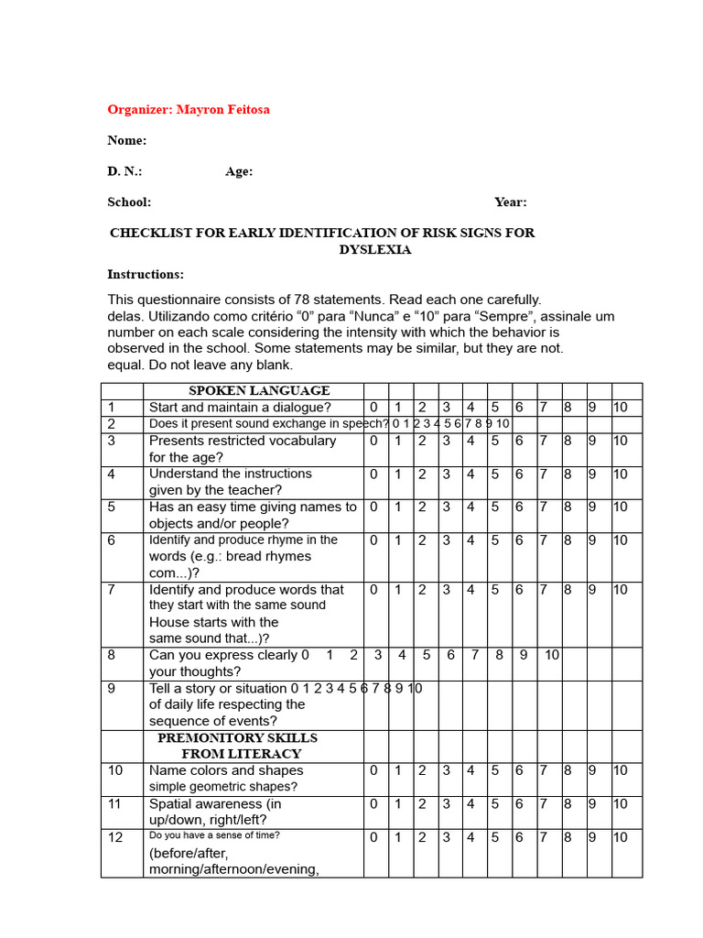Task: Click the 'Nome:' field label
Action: (x=126, y=141)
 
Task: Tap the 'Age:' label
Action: (x=239, y=171)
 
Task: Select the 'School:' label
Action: (x=129, y=202)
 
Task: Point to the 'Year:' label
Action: (x=510, y=202)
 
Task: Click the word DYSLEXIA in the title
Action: (x=374, y=249)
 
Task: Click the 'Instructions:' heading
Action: (x=145, y=275)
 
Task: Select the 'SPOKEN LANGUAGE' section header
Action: (x=259, y=391)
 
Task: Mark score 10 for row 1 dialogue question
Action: (x=621, y=408)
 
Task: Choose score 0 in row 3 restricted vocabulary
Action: (x=373, y=441)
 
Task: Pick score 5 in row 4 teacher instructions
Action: (x=495, y=474)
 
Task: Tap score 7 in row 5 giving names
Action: (x=544, y=507)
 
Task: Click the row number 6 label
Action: (x=111, y=540)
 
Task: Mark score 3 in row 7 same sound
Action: (x=447, y=590)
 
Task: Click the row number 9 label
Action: (x=111, y=689)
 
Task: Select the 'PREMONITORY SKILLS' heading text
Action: (x=237, y=738)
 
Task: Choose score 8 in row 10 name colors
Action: (x=568, y=771)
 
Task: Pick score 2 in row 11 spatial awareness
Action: (x=422, y=804)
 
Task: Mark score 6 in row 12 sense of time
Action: (x=519, y=837)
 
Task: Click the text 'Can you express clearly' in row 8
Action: (x=222, y=655)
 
